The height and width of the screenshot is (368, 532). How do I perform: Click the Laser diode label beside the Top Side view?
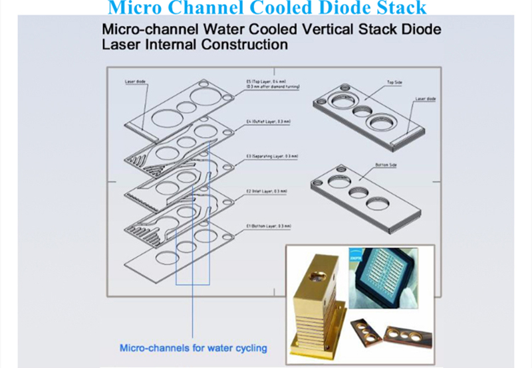point(424,99)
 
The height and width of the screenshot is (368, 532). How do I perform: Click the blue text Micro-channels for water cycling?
point(194,347)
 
